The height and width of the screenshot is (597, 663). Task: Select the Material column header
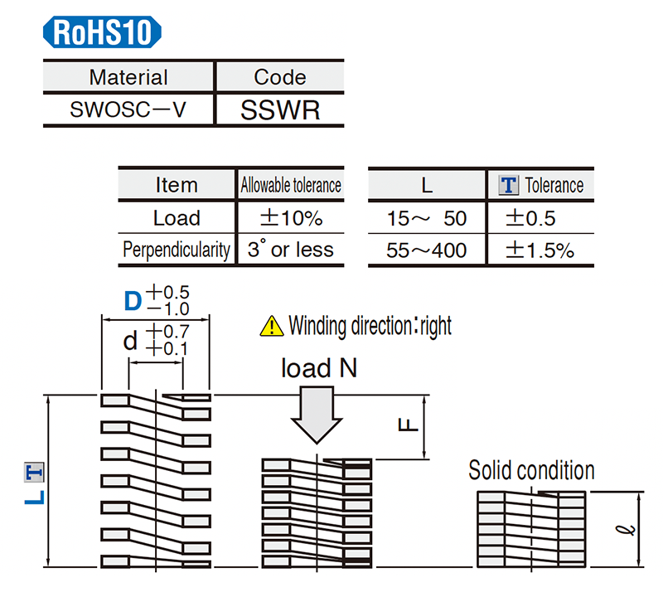[x=128, y=77]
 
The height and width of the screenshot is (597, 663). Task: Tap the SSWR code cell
[x=279, y=109]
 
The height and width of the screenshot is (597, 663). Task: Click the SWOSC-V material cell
[x=128, y=109]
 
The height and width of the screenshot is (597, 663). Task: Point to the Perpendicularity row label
[x=176, y=250]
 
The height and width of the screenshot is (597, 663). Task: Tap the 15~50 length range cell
[x=427, y=218]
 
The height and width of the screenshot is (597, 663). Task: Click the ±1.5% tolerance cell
[x=540, y=250]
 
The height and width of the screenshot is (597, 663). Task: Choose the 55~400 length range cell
[x=427, y=250]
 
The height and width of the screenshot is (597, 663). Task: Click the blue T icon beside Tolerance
[x=509, y=185]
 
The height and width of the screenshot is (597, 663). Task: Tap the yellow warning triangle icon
[x=271, y=326]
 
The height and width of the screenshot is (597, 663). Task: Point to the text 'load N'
[x=319, y=368]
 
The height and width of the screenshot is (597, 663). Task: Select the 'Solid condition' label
[x=531, y=471]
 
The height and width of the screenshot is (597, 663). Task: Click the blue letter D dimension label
[x=133, y=300]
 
